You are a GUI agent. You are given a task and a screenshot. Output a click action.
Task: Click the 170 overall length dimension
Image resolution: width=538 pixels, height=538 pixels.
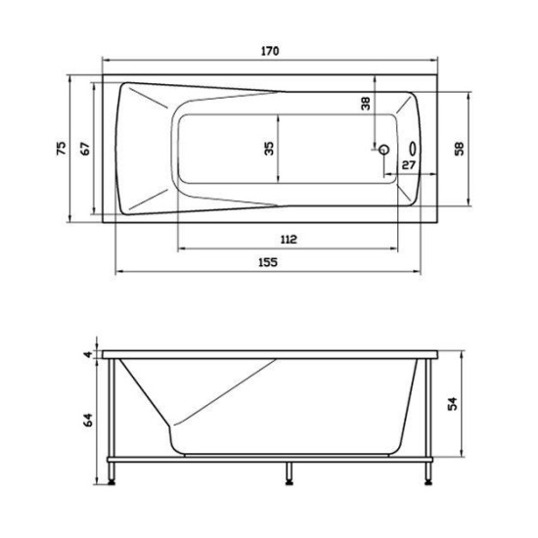click(268, 51)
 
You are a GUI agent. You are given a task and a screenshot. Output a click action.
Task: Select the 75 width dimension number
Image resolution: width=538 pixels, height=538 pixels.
click(61, 148)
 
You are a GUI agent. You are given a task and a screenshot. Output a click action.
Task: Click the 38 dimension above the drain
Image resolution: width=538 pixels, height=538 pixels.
click(366, 103)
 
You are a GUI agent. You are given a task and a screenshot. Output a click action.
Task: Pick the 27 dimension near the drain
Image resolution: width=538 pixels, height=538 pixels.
click(409, 165)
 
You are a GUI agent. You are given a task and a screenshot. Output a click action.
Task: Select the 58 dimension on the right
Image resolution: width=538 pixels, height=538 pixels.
click(458, 148)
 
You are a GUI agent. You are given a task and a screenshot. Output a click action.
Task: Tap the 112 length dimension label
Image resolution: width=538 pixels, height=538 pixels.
click(288, 240)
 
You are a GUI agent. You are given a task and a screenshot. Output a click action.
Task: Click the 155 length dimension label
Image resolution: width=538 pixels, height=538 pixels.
click(269, 262)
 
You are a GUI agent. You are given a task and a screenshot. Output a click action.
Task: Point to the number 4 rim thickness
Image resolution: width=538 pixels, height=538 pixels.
click(87, 353)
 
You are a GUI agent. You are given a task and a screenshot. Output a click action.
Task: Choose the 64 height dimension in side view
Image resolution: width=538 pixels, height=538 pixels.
click(87, 420)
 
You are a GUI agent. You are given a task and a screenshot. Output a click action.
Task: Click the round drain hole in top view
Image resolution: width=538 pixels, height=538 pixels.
click(384, 151)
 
